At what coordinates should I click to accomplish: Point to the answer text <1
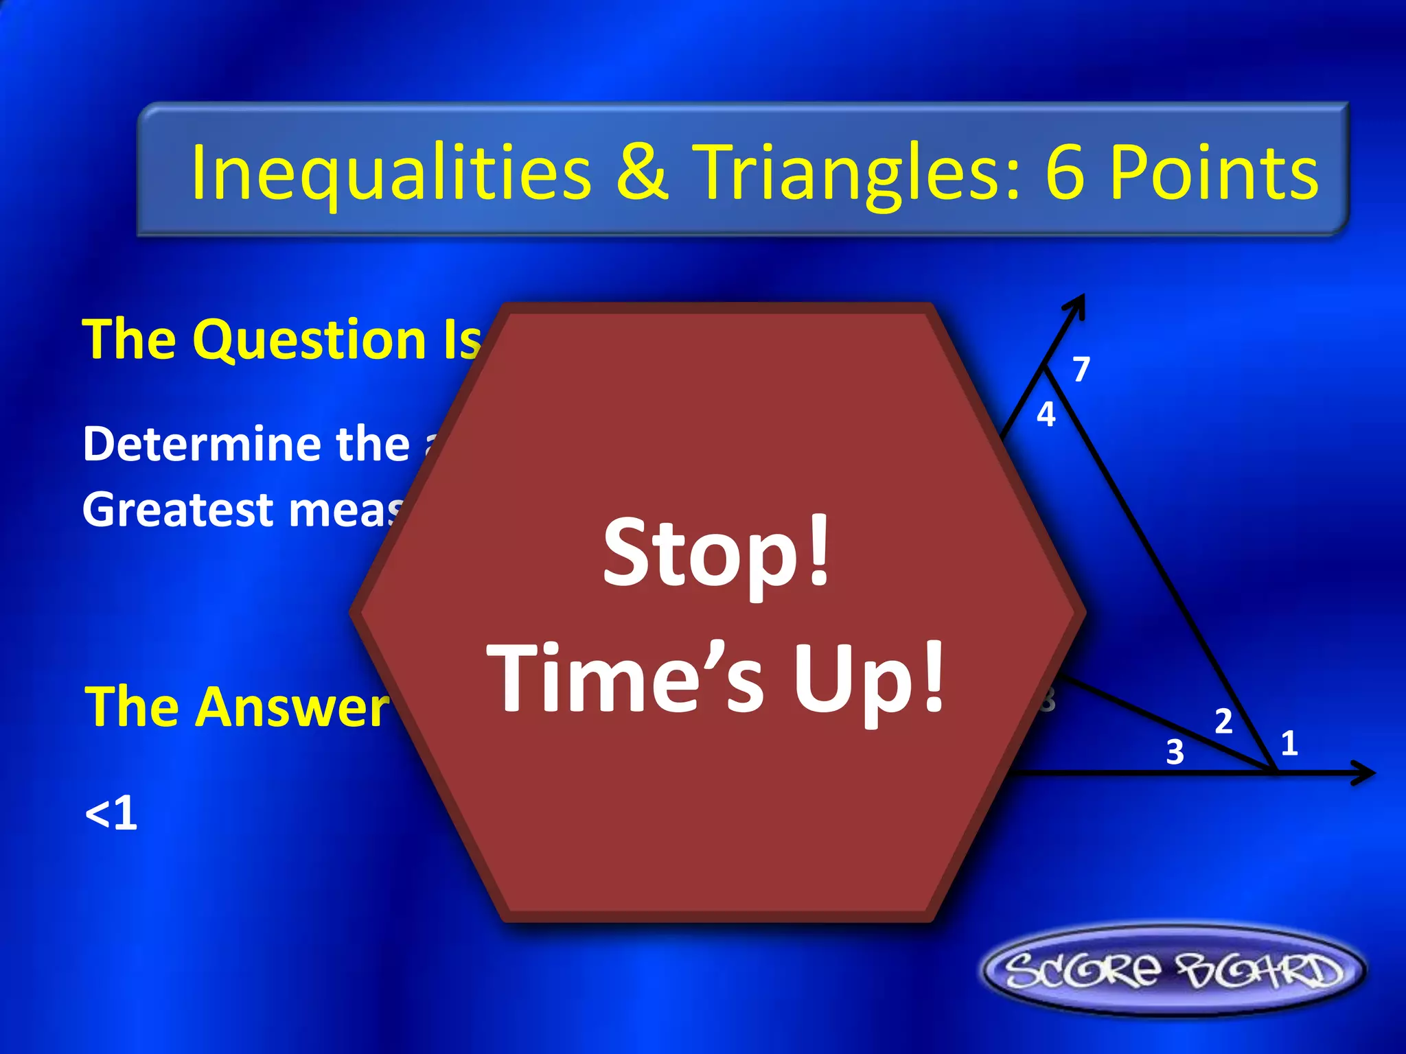[111, 814]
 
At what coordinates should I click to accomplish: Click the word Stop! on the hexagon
[717, 553]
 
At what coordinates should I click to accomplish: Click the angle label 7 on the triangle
[1081, 369]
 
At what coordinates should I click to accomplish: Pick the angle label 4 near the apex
[1046, 415]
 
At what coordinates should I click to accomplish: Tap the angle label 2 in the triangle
[1223, 721]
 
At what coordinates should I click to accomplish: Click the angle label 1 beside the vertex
[1289, 743]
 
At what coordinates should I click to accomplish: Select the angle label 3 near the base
[1175, 752]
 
